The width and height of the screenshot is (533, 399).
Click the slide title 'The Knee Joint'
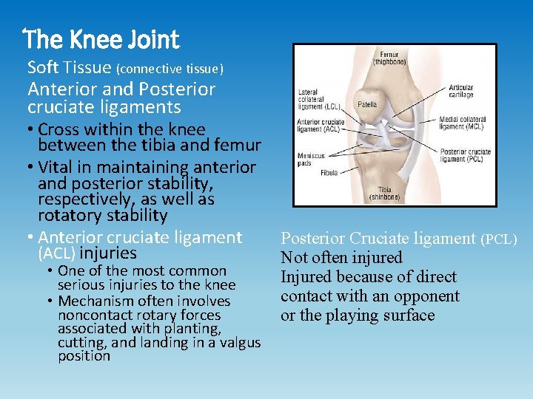click(x=101, y=38)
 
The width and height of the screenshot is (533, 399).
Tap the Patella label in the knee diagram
click(x=367, y=105)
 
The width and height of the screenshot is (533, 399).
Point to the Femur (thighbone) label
click(x=389, y=59)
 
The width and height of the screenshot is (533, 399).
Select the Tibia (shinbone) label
click(x=385, y=193)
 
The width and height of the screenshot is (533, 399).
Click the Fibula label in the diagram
click(x=329, y=173)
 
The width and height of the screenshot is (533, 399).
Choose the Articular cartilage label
click(x=460, y=91)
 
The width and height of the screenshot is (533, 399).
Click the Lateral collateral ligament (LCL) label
click(x=318, y=100)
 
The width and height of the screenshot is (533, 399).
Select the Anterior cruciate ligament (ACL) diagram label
click(x=320, y=126)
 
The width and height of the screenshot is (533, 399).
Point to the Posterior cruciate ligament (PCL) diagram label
click(x=465, y=155)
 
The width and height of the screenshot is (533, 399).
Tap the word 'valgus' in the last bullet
click(x=240, y=342)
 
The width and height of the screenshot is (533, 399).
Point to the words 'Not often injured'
click(x=341, y=258)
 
